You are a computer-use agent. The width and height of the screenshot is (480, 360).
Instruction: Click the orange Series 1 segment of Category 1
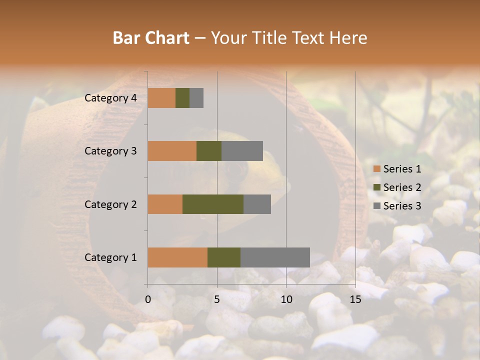pos(177,257)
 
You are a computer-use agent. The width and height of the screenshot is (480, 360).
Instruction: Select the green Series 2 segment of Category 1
pos(224,257)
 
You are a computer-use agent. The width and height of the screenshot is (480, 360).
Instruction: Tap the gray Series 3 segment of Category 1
pos(275,257)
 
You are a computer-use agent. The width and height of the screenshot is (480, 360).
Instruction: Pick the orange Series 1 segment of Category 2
pos(165,204)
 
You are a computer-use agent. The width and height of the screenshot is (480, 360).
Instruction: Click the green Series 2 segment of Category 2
pos(213,204)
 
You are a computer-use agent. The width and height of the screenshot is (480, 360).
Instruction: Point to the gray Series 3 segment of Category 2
pos(257,204)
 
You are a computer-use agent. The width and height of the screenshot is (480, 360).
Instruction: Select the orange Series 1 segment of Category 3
pos(172,151)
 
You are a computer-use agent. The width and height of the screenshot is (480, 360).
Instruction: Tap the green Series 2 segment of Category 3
pos(209,151)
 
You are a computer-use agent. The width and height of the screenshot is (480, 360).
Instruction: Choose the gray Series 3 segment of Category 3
pos(242,151)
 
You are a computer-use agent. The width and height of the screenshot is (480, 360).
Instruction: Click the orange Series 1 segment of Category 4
pos(161,97)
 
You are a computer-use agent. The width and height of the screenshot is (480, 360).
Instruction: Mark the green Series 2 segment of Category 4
pos(182,97)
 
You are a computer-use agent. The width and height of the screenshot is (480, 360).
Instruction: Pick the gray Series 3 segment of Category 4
pos(196,97)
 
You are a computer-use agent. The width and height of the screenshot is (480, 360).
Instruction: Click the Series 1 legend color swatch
pos(376,169)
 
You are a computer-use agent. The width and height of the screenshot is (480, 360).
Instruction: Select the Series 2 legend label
pos(402,187)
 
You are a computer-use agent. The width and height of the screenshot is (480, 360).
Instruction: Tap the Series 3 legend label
pos(402,205)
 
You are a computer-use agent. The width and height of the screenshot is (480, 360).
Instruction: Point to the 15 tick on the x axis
pos(355,299)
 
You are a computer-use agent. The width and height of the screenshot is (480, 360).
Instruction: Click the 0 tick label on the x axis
pos(148,299)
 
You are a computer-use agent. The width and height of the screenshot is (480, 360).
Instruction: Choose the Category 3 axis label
pos(110,151)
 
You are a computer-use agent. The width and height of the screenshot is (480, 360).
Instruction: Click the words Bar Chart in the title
pos(151,37)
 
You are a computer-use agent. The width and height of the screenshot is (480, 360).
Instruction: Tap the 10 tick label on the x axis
pos(286,299)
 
